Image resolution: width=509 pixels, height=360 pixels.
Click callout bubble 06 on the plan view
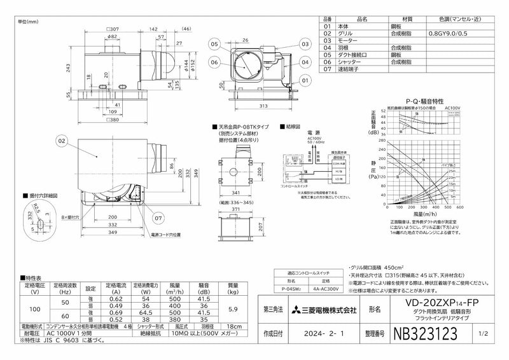pyautogui.click(x=214, y=62)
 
